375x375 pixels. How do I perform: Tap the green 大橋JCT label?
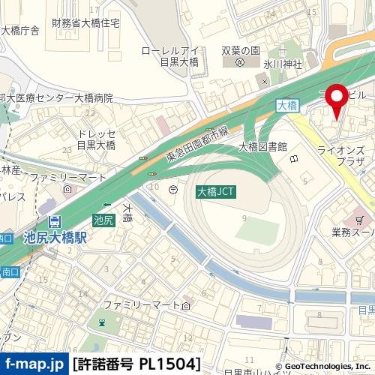[x=216, y=192]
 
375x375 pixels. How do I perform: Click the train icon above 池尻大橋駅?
[x=55, y=222]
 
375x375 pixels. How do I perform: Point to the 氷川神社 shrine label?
[x=282, y=64]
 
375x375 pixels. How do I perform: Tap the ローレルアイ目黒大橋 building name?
[x=169, y=58]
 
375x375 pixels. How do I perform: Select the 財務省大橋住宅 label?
[x=86, y=23]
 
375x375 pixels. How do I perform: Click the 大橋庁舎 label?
[x=20, y=31]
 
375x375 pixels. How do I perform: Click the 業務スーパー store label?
[x=352, y=232]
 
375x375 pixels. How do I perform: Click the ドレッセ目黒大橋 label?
[x=96, y=139]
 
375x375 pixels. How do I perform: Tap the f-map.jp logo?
[x=34, y=364]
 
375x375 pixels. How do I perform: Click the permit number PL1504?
[x=137, y=364]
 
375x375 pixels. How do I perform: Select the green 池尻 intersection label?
[x=103, y=220]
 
